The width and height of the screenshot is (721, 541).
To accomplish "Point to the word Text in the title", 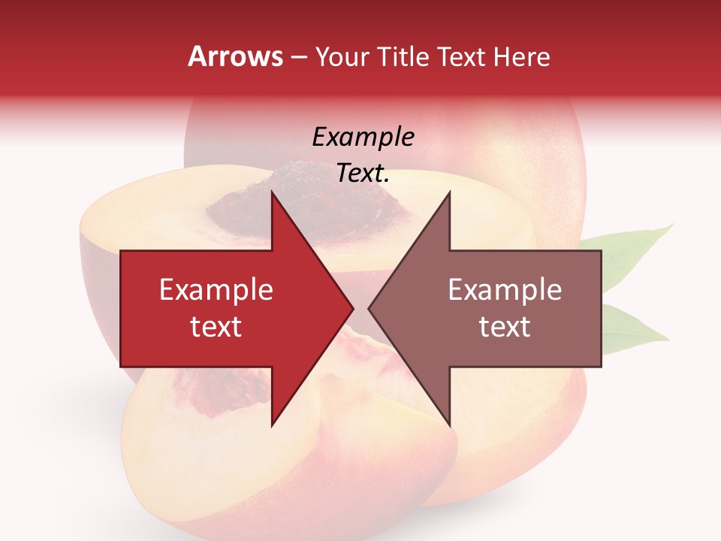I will [x=462, y=56].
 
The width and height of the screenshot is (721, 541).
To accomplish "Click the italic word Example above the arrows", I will [x=364, y=137].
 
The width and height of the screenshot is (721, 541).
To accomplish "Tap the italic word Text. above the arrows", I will [x=364, y=174].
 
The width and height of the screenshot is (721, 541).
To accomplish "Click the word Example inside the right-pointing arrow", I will [x=216, y=289].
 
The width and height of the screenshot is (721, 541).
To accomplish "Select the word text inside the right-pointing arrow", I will [x=216, y=326].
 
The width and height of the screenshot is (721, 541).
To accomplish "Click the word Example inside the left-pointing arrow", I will [x=505, y=289].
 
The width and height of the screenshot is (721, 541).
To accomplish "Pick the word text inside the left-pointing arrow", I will [x=505, y=326].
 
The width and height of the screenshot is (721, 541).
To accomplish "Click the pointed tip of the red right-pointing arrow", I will [x=352, y=308].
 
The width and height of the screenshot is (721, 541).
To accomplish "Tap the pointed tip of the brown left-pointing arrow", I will [x=370, y=308].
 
